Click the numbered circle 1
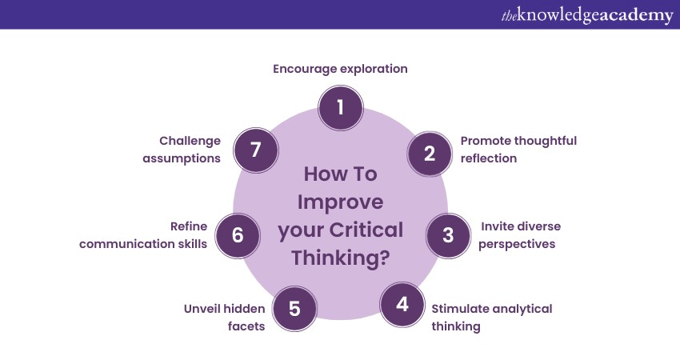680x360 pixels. pyautogui.click(x=340, y=106)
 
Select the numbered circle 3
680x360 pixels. pyautogui.click(x=448, y=235)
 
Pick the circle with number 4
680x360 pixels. pyautogui.click(x=402, y=305)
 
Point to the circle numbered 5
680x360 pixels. pyautogui.click(x=294, y=308)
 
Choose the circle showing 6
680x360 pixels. pyautogui.click(x=238, y=235)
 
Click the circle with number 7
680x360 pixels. pyautogui.click(x=255, y=149)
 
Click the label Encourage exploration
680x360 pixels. pyautogui.click(x=340, y=69)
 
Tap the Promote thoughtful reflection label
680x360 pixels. pyautogui.click(x=518, y=150)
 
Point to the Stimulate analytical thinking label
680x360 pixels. pyautogui.click(x=491, y=317)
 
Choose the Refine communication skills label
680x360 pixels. pyautogui.click(x=144, y=235)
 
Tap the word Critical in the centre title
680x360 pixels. pyautogui.click(x=366, y=230)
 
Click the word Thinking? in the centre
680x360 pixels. pyautogui.click(x=340, y=258)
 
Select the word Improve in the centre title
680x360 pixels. pyautogui.click(x=340, y=202)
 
